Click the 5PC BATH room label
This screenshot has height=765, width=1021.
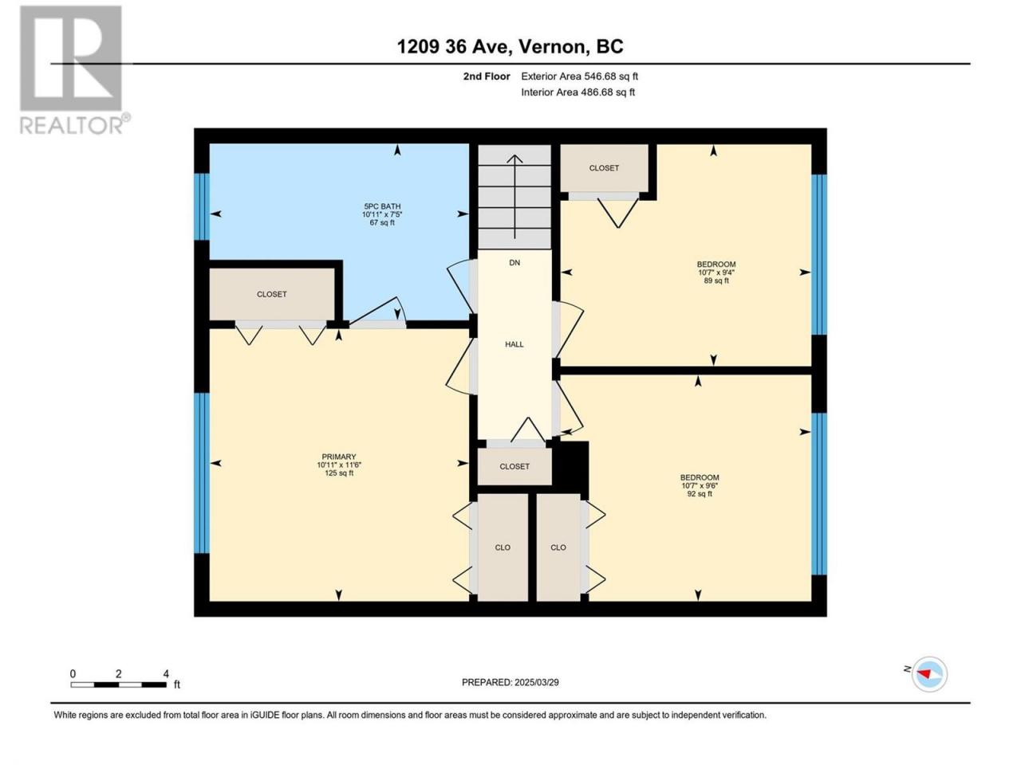pyautogui.click(x=382, y=206)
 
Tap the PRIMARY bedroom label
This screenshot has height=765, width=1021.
pyautogui.click(x=339, y=457)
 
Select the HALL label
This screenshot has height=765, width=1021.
pyautogui.click(x=514, y=344)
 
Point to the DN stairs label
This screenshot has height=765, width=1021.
pyautogui.click(x=514, y=263)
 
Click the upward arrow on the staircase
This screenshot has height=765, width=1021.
pyautogui.click(x=514, y=197)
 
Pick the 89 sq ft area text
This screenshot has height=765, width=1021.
pyautogui.click(x=715, y=280)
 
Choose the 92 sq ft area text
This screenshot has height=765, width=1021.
pyautogui.click(x=700, y=494)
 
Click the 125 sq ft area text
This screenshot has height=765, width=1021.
pyautogui.click(x=339, y=473)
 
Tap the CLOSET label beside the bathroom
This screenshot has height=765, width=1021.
pyautogui.click(x=272, y=294)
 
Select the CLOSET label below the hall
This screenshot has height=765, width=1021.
pyautogui.click(x=514, y=466)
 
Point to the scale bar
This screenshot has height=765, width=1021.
pyautogui.click(x=119, y=685)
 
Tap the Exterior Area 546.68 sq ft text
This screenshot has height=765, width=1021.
pyautogui.click(x=580, y=76)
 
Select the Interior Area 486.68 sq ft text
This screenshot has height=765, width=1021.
pyautogui.click(x=578, y=92)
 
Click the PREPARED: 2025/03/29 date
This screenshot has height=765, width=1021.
pyautogui.click(x=510, y=682)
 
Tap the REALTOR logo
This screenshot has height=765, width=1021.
pyautogui.click(x=75, y=70)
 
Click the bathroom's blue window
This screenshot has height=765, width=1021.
pyautogui.click(x=202, y=206)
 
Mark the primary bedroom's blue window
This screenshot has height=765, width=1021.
pyautogui.click(x=202, y=473)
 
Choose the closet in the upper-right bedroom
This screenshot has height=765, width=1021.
pyautogui.click(x=604, y=167)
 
